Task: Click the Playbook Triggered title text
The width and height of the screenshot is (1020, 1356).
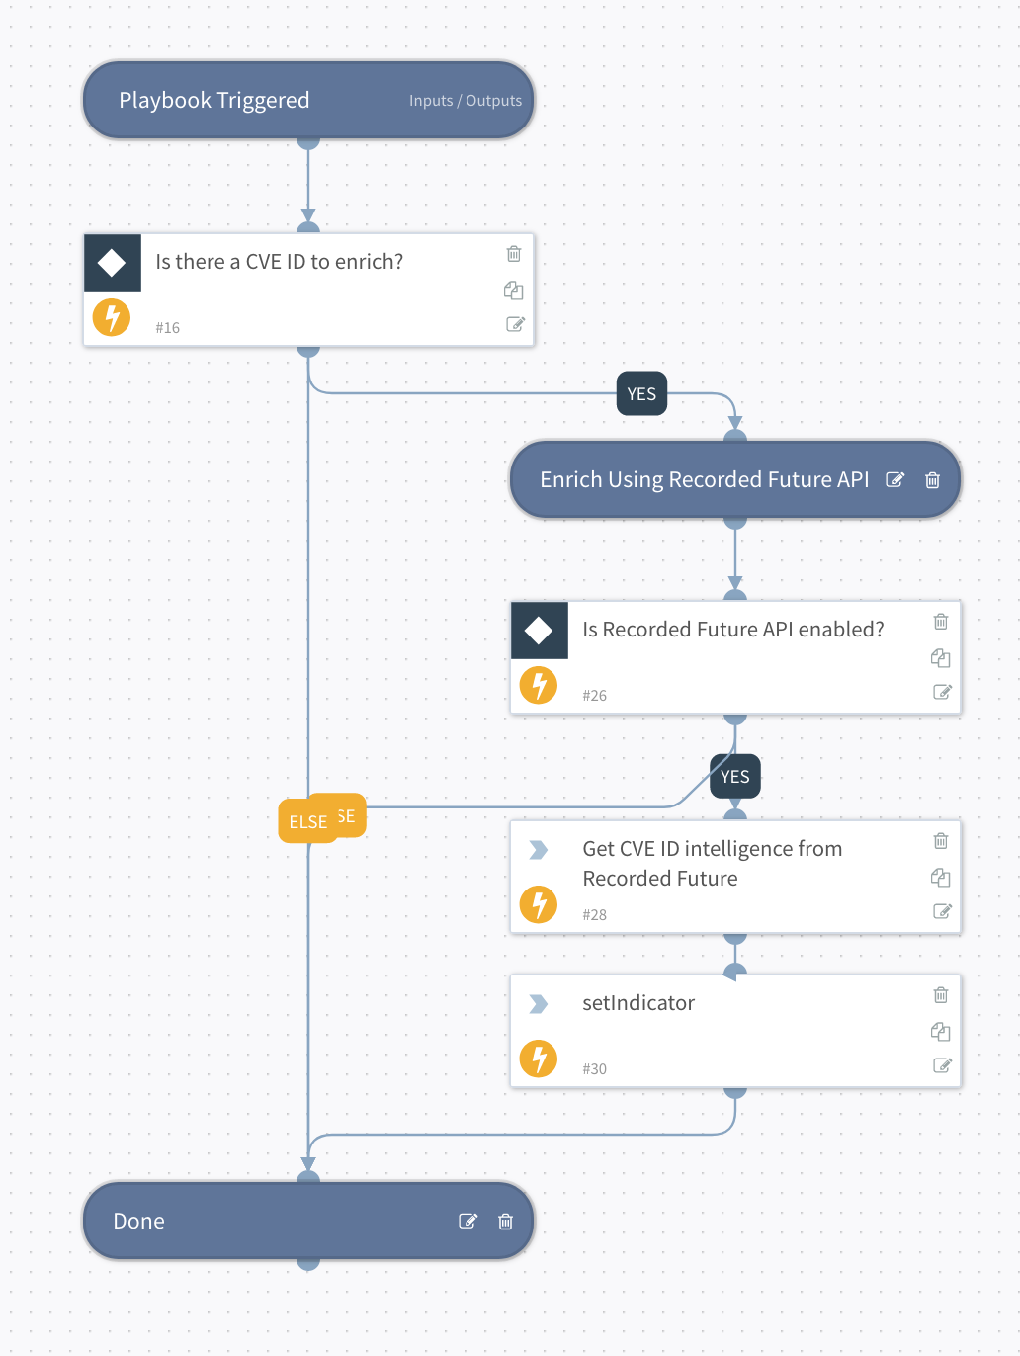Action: pos(213,101)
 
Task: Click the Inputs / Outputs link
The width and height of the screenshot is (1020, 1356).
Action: pos(465,101)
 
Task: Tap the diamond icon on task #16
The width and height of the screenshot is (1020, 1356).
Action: pos(112,263)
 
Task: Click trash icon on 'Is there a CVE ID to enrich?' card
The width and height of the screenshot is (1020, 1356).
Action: pos(514,254)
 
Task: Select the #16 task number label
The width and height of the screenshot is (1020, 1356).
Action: pos(167,328)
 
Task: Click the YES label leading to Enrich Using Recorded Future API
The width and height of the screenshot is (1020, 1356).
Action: pos(641,394)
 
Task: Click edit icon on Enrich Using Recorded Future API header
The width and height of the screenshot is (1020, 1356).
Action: pos(894,480)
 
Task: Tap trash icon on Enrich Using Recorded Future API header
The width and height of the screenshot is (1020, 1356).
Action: pos(932,480)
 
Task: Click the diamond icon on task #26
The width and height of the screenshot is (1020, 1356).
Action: pos(539,631)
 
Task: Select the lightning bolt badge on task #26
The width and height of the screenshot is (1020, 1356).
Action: pos(539,685)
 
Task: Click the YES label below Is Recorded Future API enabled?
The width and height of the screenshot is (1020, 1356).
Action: pos(734,777)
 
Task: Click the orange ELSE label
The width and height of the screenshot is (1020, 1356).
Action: pos(307,822)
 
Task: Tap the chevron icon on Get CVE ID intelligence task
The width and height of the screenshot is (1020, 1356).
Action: pos(538,850)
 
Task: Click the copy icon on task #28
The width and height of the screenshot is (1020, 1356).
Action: pos(940,878)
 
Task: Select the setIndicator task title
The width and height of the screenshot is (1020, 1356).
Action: pos(638,1003)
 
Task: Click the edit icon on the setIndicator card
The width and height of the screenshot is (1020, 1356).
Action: pos(942,1065)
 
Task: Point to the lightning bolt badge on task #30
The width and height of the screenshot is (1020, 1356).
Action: pos(539,1059)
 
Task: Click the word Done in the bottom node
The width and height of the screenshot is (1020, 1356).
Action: pos(139,1222)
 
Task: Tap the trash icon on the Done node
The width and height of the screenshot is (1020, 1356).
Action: pos(505,1222)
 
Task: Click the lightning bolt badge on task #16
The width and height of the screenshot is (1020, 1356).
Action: pos(112,317)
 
